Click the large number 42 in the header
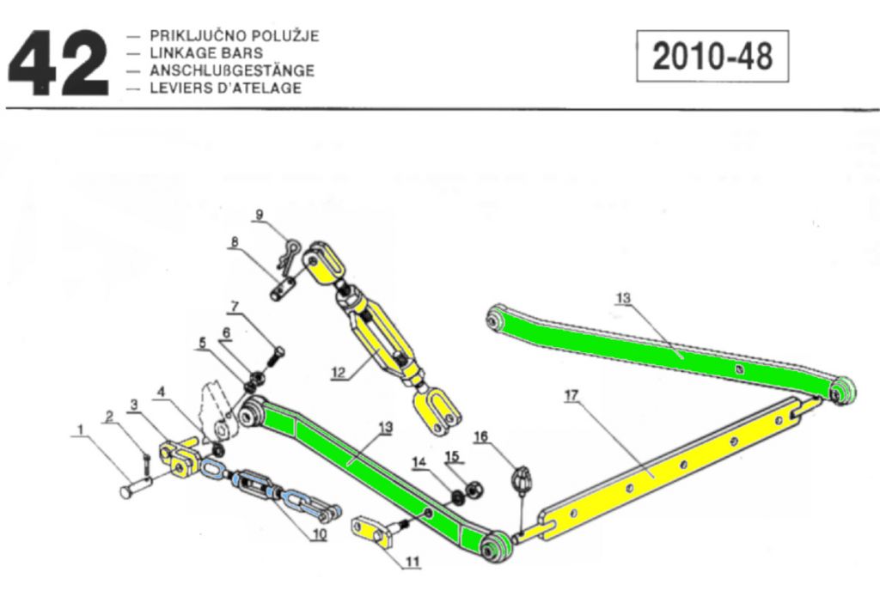58,63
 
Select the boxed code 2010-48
712,57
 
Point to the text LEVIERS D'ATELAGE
225,88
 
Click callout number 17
571,395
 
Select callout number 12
338,372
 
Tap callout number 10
319,534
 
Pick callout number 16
480,437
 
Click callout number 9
260,213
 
